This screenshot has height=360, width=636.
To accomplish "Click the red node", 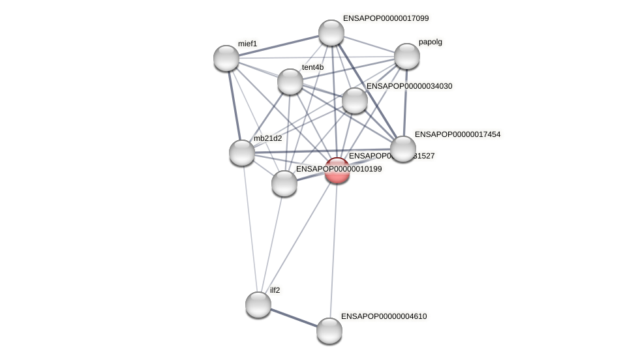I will pyautogui.click(x=337, y=170).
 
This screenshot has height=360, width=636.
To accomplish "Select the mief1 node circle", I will pyautogui.click(x=226, y=58).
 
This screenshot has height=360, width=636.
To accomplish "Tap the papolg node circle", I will pyautogui.click(x=407, y=56).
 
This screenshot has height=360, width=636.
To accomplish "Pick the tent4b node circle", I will pyautogui.click(x=290, y=82).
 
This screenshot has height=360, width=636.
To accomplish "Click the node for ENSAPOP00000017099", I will pyautogui.click(x=331, y=33).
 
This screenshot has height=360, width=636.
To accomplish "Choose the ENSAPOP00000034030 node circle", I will pyautogui.click(x=355, y=100).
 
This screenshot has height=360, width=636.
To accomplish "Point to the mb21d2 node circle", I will pyautogui.click(x=242, y=153).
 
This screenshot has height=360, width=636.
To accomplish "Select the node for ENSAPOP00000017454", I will pyautogui.click(x=403, y=149).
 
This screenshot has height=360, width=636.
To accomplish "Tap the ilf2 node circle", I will pyautogui.click(x=258, y=305).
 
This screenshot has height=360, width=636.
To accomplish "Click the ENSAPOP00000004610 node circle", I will pyautogui.click(x=329, y=331).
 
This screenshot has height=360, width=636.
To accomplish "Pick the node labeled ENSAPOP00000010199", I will pyautogui.click(x=284, y=183).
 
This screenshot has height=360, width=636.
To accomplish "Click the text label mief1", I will pyautogui.click(x=247, y=44).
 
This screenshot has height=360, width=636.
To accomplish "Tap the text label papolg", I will pyautogui.click(x=430, y=42).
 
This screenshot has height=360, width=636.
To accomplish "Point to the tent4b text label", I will pyautogui.click(x=312, y=67).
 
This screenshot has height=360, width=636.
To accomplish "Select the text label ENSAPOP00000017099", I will pyautogui.click(x=386, y=18).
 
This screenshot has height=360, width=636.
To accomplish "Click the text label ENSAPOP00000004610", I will pyautogui.click(x=384, y=316).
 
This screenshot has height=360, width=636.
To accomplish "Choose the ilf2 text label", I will pyautogui.click(x=275, y=290).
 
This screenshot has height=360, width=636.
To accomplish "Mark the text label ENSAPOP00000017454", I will pyautogui.click(x=457, y=134).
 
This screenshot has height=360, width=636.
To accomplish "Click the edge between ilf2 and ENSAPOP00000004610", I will pyautogui.click(x=294, y=318).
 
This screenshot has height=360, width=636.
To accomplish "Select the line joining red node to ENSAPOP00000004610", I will pyautogui.click(x=333, y=250).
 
